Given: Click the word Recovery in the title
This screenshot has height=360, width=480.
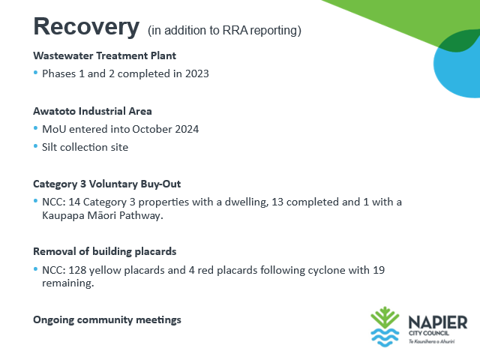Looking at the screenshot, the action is tap(86, 27).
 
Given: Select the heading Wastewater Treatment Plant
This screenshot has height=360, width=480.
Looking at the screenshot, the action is tap(105, 55).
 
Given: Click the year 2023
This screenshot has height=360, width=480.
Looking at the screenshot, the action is tap(196, 73).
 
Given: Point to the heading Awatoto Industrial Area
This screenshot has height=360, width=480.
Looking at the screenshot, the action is tap(92, 111).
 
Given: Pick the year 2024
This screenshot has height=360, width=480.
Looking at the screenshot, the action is tap(187, 129).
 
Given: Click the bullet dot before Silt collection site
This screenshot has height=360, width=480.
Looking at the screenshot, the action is tap(35, 146).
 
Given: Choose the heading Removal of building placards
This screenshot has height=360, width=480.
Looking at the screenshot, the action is tap(105, 252).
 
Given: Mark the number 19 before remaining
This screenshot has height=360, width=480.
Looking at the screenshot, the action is tap(379, 270).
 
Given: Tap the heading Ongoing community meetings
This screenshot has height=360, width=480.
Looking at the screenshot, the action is tap(107, 320).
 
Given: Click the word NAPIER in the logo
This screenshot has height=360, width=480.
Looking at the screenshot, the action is tap(438, 322).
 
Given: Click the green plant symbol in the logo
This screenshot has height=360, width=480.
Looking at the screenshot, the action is tap(385, 318).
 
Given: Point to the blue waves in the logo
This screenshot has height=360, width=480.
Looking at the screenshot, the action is tap(385, 337).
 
